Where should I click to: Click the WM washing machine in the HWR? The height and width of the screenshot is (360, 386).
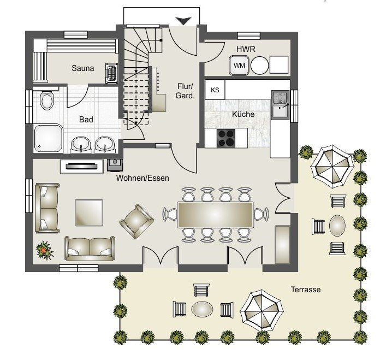click(239, 65)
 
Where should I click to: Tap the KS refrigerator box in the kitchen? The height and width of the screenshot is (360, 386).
click(215, 90)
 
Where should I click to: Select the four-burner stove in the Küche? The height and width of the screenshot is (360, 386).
click(225, 138)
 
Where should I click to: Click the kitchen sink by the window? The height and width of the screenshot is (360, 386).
click(281, 105)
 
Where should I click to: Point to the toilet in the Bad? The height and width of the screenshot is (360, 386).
click(47, 100)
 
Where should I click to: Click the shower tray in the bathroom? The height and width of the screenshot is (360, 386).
click(48, 138)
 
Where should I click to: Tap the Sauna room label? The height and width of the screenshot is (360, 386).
click(83, 68)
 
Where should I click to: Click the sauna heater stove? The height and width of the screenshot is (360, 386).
click(111, 73)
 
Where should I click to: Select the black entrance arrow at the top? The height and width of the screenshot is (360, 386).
click(183, 21)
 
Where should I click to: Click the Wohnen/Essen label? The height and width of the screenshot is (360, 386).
click(142, 178)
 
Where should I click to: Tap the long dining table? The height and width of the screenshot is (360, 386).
click(215, 215)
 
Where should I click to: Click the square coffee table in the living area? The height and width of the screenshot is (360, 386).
click(89, 213)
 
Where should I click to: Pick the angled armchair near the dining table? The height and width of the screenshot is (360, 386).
click(137, 221)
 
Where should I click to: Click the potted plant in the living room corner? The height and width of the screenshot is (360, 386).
click(45, 250)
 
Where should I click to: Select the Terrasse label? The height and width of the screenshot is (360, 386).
click(306, 290)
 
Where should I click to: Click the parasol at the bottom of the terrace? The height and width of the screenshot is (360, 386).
click(262, 310)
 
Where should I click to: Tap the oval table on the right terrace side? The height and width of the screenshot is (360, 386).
click(337, 226)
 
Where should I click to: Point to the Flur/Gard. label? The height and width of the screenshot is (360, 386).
click(185, 91)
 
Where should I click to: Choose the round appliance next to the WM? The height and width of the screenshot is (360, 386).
click(259, 66)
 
